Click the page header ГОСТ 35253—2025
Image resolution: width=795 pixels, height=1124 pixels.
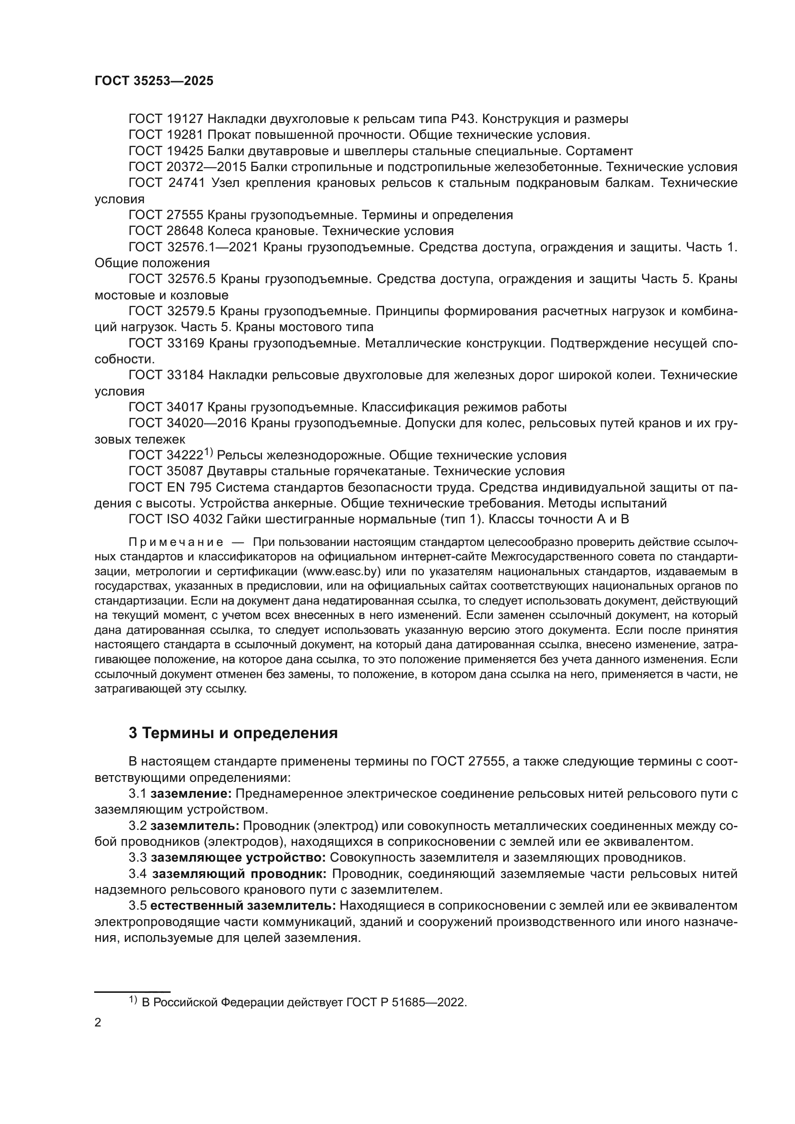(154, 81)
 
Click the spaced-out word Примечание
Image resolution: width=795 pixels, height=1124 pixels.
(176, 543)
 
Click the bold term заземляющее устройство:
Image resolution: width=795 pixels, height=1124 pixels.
(238, 858)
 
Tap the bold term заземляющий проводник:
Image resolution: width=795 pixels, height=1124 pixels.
(239, 874)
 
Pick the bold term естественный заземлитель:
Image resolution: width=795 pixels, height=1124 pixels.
(243, 906)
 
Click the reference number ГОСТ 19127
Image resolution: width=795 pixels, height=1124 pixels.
(166, 119)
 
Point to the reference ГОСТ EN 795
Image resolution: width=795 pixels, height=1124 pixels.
(170, 488)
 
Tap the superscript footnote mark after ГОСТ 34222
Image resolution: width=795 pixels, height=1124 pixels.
(209, 452)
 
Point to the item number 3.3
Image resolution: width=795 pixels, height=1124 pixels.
(137, 858)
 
